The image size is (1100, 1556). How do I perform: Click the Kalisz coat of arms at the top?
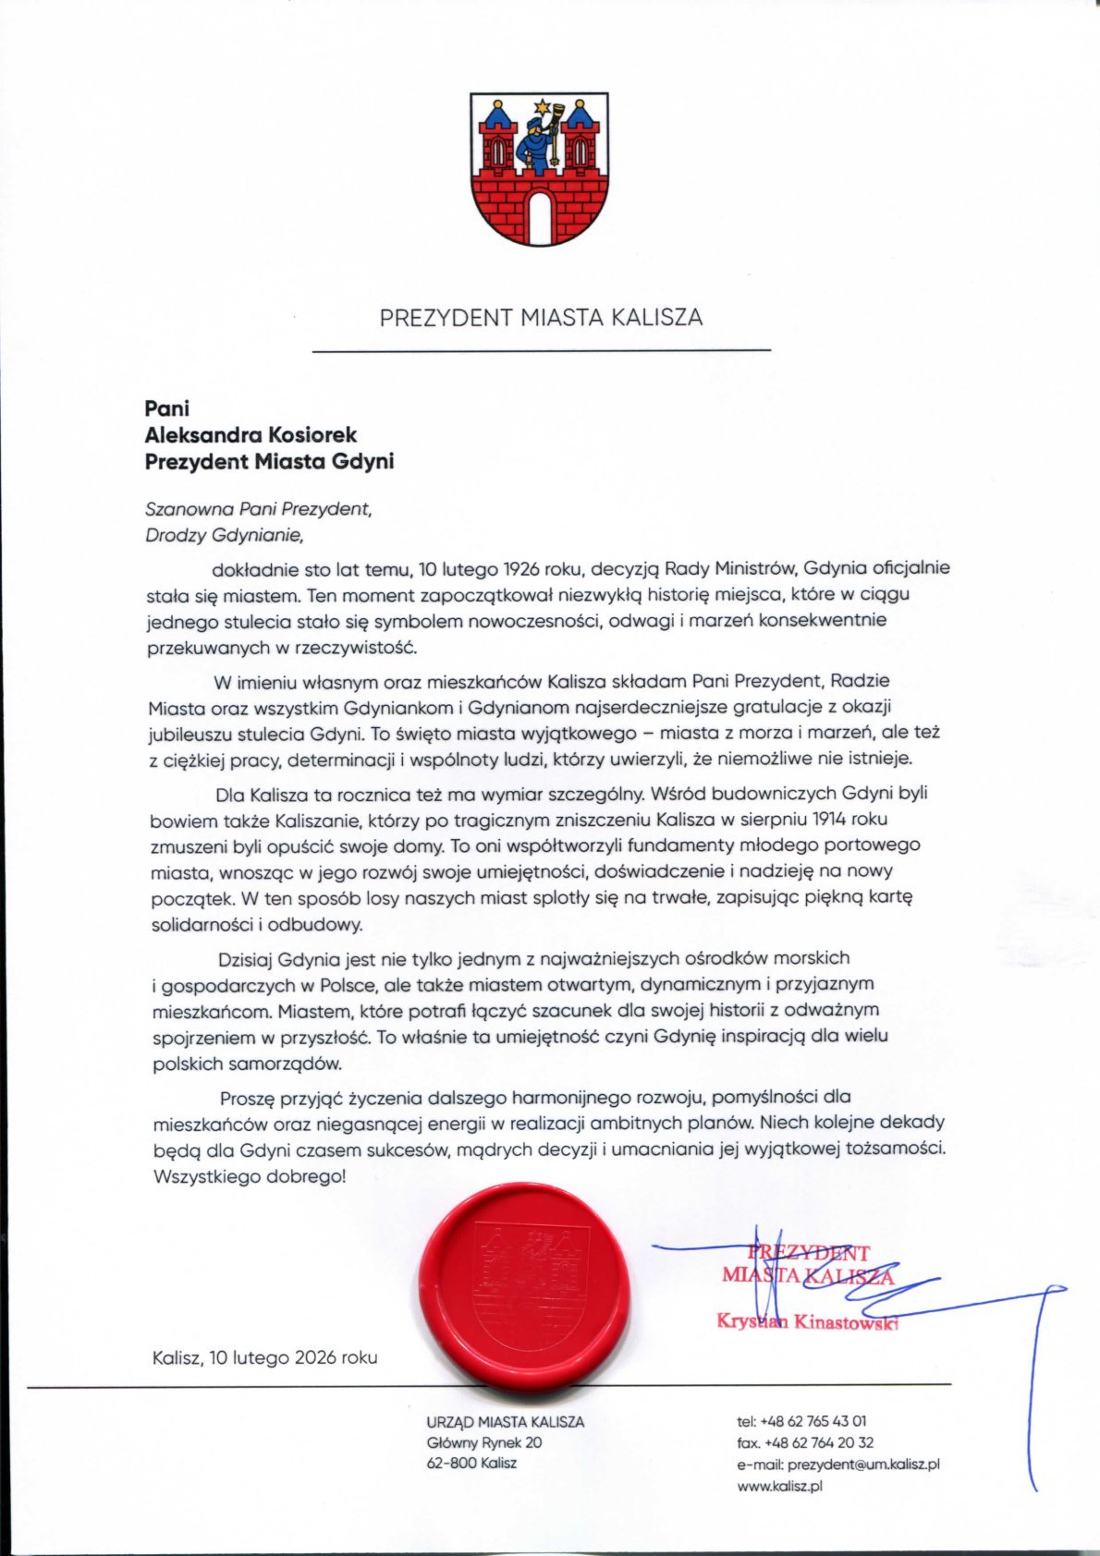click(539, 168)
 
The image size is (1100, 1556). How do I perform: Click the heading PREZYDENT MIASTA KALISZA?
click(541, 318)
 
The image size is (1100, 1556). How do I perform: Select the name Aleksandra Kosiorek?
click(251, 434)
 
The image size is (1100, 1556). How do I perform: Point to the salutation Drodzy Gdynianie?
click(224, 534)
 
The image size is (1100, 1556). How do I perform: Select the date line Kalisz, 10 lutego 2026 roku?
click(265, 1357)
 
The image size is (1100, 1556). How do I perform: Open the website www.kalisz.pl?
click(779, 1487)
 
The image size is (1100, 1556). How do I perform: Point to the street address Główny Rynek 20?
click(484, 1442)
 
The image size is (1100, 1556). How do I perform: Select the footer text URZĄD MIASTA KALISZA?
click(505, 1422)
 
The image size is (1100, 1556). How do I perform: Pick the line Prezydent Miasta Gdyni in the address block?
click(269, 460)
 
